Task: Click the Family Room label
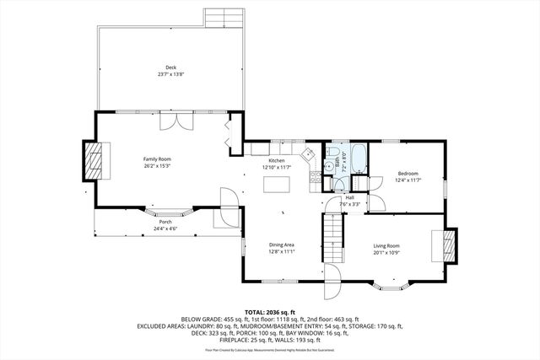coord(157,159)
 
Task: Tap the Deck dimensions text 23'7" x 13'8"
coord(170,75)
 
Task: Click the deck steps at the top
coord(224,18)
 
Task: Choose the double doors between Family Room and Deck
coord(171,121)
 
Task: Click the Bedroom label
coord(408,175)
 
